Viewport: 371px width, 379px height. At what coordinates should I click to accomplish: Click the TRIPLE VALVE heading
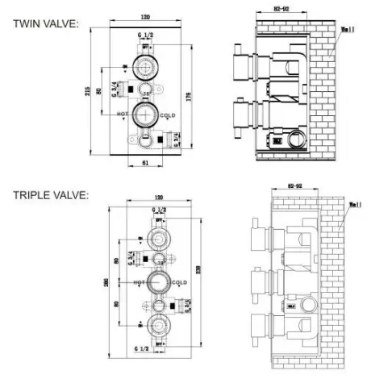(x=49, y=194)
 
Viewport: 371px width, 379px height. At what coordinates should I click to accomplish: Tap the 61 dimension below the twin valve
(x=143, y=162)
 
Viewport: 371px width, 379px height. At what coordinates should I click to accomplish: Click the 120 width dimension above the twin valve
(x=146, y=16)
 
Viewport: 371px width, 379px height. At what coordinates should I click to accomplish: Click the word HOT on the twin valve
(x=122, y=115)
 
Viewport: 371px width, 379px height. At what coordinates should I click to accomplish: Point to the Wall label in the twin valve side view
(x=347, y=31)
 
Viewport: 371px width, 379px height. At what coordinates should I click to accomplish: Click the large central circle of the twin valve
(x=144, y=115)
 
